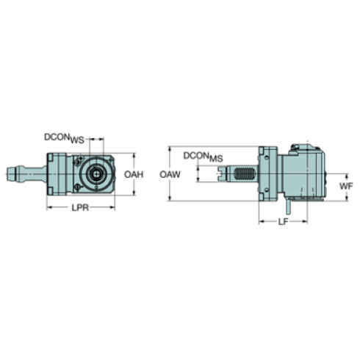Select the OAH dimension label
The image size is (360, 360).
click(132, 174)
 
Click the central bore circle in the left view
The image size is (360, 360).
click(96, 175)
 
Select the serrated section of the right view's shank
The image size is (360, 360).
click(245, 176)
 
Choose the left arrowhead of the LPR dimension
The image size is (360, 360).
click(48, 207)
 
